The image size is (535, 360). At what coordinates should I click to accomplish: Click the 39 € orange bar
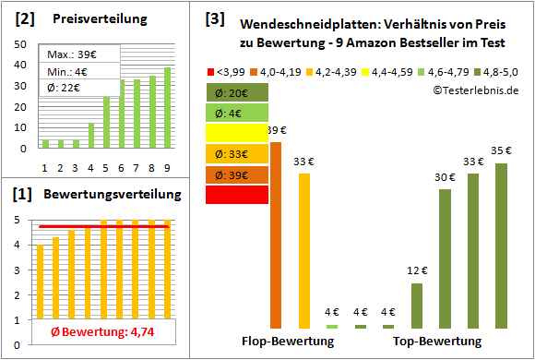pos(276,234)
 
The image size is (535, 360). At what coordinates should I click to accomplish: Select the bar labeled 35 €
pos(502,246)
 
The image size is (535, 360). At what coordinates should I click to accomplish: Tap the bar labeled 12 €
pos(417,306)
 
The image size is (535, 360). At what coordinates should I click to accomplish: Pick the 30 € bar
pos(445,258)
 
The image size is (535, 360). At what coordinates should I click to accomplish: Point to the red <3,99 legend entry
pos(230,70)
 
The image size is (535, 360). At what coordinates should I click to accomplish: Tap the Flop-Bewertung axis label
pos(288,342)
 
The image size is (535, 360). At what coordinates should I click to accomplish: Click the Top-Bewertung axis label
pos(437,342)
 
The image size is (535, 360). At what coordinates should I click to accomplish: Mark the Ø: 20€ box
pos(237,92)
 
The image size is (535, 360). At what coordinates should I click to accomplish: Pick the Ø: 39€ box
pos(237,174)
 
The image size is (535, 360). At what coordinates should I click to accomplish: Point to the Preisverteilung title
pos(99,19)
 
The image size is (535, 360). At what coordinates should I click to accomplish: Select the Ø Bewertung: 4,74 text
pos(99,332)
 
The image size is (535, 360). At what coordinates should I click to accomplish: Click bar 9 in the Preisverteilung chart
pos(167,107)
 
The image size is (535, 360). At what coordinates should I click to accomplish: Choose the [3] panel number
pos(216,18)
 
